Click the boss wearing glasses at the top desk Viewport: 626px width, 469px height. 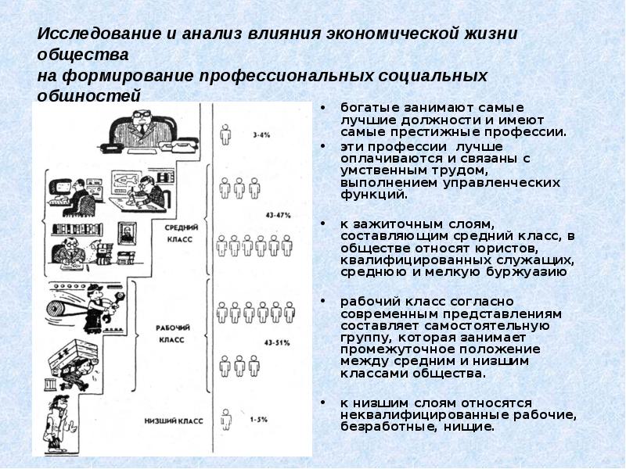point(141,125)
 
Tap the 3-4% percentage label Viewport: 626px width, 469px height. point(262,134)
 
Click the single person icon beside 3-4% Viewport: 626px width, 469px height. point(226,135)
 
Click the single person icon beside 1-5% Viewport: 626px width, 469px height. point(226,420)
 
